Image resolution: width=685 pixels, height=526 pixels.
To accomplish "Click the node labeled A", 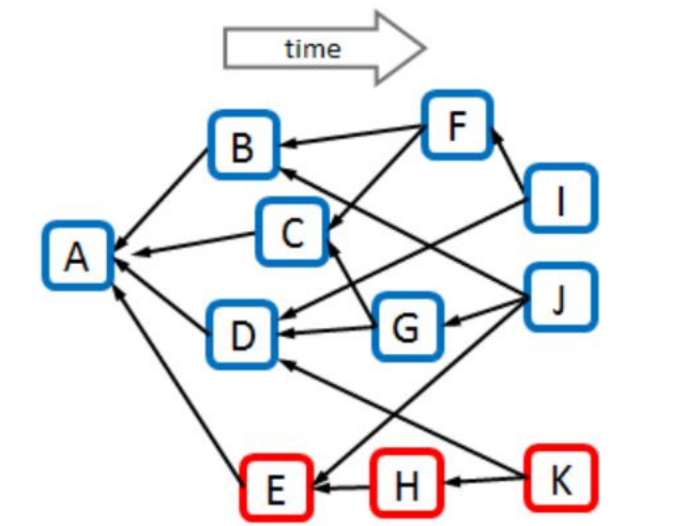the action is click(78, 255).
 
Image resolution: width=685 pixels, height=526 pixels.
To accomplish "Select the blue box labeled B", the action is click(243, 146).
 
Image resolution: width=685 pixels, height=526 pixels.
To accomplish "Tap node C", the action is click(292, 232).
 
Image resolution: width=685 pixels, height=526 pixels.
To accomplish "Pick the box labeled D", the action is click(242, 335).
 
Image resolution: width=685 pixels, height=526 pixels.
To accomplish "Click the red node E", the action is click(277, 488).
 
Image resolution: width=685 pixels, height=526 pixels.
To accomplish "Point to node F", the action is click(457, 126).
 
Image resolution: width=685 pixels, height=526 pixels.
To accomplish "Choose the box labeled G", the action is click(407, 327).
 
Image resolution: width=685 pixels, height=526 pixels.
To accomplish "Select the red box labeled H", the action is click(406, 483).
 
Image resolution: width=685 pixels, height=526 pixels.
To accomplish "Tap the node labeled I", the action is click(561, 198).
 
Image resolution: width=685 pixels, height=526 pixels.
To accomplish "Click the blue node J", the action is click(561, 298).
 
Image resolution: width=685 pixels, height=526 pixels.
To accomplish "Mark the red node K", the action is click(561, 479).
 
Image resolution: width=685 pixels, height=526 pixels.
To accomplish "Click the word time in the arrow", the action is click(312, 48).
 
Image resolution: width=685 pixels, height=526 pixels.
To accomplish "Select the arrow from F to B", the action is click(353, 135).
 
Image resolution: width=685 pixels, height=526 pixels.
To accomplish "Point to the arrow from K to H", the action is click(487, 480).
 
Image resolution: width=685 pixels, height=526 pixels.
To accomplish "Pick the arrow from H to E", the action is click(342, 487).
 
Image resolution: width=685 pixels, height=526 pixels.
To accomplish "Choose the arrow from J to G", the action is click(487, 311).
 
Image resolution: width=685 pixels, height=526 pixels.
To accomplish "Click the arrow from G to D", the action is click(327, 331).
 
